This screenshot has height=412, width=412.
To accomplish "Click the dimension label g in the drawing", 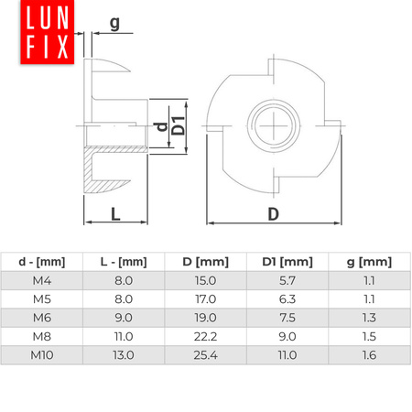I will click(x=114, y=22).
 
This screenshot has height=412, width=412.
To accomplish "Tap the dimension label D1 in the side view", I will click(x=179, y=125).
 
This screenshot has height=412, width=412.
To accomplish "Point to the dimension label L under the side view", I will click(x=114, y=213).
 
